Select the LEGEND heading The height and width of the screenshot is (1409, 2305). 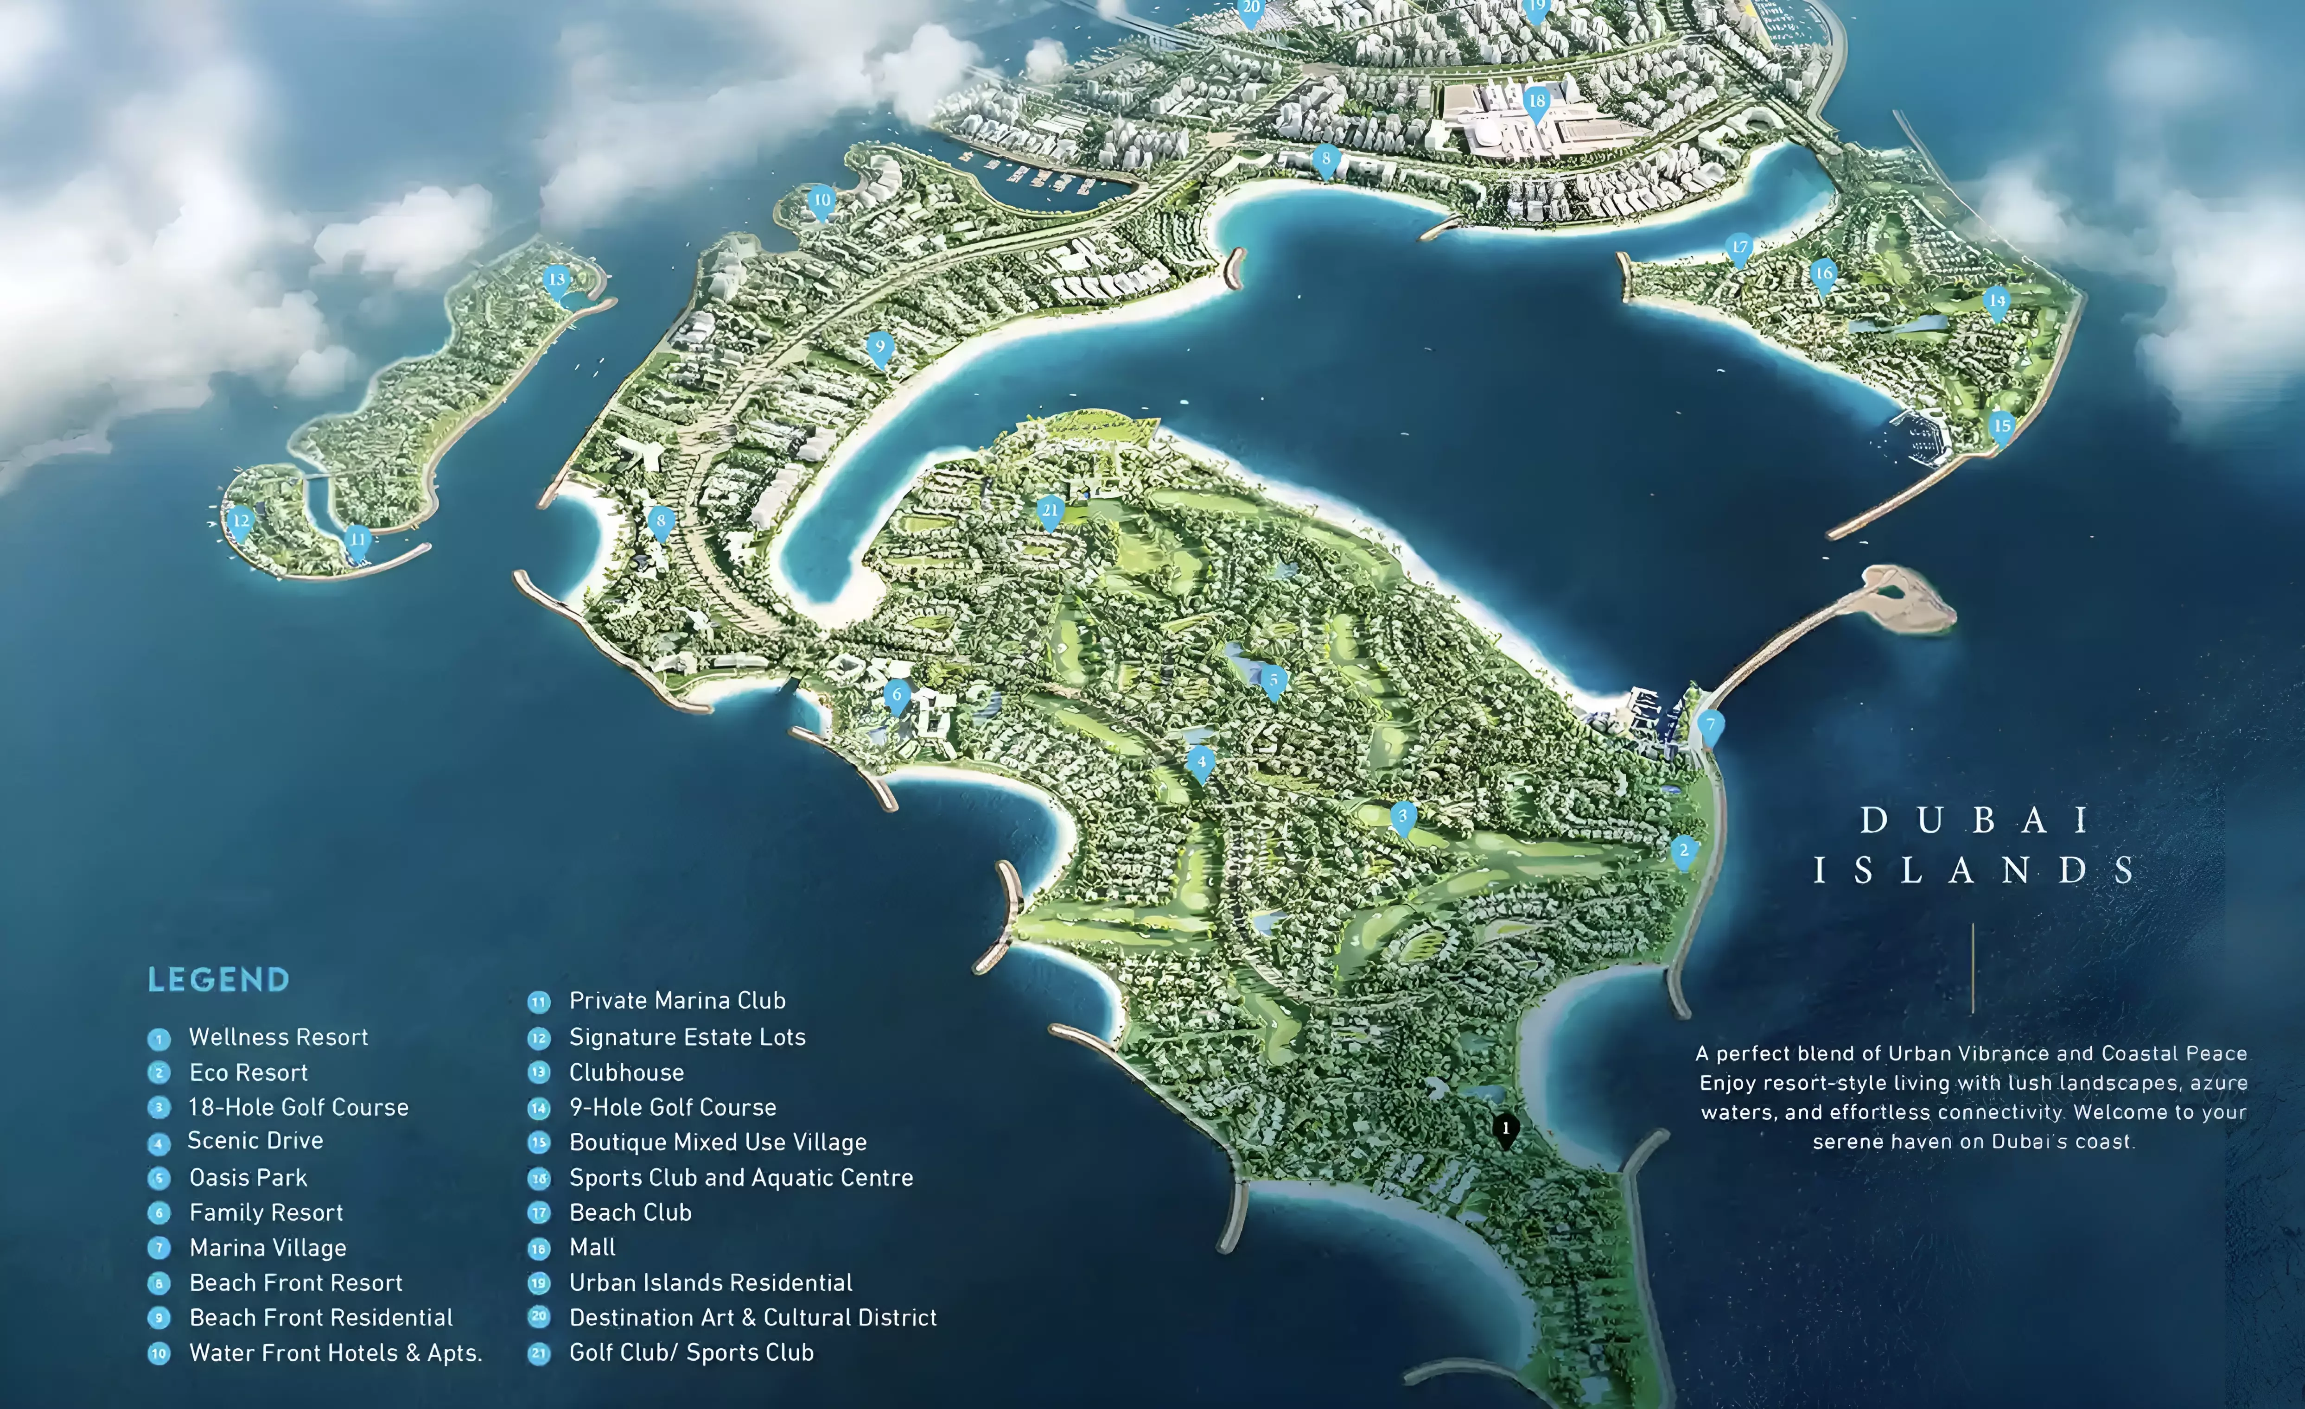219,980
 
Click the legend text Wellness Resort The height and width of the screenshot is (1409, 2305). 278,1037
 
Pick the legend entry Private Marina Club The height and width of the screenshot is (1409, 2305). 677,1000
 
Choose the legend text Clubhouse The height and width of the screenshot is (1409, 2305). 626,1073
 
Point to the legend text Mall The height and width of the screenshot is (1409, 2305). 592,1247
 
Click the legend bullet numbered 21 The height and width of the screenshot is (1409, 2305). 539,1353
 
